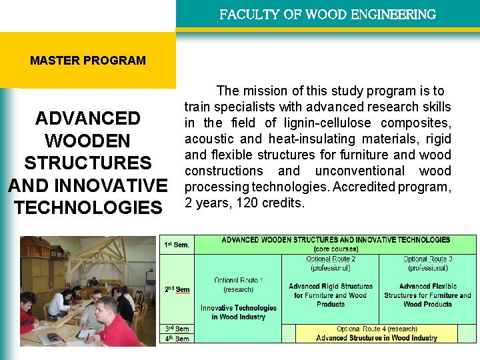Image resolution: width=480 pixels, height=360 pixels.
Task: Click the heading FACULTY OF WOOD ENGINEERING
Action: click(x=327, y=14)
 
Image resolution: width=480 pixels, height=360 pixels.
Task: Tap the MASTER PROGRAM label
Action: click(x=87, y=60)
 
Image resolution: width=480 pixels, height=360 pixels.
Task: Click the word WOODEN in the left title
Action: click(x=87, y=141)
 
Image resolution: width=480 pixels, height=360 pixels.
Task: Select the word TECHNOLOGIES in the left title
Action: click(x=87, y=207)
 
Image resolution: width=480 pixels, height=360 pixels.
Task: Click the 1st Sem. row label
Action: click(x=177, y=245)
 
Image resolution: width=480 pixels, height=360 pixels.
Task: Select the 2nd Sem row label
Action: click(x=177, y=289)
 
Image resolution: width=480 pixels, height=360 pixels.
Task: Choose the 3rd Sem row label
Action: click(x=177, y=329)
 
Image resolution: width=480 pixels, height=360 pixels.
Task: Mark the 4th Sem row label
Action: click(x=177, y=339)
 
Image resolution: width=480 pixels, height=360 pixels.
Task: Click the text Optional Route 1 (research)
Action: click(x=239, y=285)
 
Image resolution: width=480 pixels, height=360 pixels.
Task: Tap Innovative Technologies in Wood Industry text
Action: click(x=239, y=312)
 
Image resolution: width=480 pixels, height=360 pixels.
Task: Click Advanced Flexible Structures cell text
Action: click(x=427, y=295)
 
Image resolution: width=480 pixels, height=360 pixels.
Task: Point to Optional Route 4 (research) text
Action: click(x=377, y=329)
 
